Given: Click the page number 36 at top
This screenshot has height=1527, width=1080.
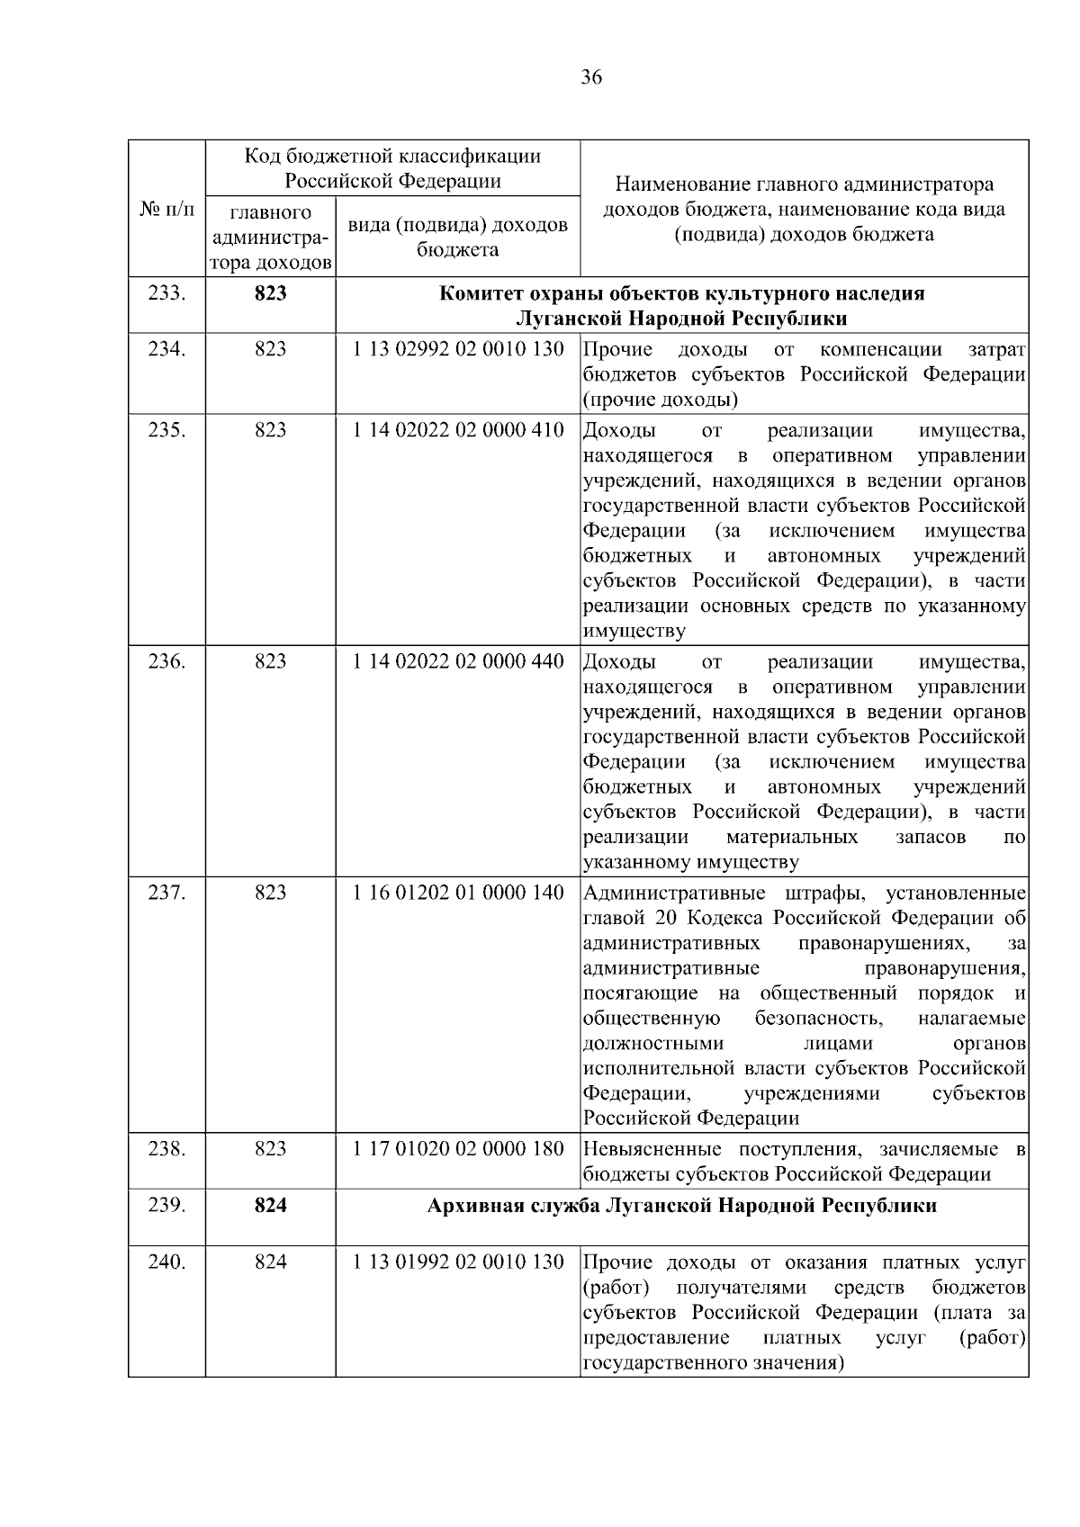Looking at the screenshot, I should (590, 77).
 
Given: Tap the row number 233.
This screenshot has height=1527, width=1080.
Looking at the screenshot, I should (166, 294).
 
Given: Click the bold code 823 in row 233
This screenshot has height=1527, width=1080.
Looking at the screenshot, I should (270, 294).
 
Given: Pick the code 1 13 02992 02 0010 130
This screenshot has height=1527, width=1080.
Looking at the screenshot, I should (458, 349).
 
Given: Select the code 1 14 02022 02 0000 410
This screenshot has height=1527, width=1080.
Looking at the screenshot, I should (458, 430).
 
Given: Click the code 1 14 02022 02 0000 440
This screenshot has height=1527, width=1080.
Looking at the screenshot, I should (458, 661).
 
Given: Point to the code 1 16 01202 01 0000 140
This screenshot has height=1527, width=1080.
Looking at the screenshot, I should (458, 893).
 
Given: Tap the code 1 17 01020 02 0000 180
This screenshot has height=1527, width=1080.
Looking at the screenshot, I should (458, 1149).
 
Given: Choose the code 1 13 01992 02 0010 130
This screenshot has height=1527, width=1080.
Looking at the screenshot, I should (458, 1262).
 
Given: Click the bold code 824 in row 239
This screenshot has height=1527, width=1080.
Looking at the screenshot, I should (270, 1206).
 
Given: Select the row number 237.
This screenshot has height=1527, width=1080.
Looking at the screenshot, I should (166, 893).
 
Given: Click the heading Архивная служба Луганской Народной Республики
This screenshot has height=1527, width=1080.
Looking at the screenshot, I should (681, 1206).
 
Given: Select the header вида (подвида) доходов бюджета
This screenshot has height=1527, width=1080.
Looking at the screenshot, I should (457, 237).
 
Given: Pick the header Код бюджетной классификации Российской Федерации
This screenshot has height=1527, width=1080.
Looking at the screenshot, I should (393, 168).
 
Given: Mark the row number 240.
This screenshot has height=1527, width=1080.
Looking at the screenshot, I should (166, 1262).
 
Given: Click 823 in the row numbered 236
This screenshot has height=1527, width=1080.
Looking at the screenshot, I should (270, 661).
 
